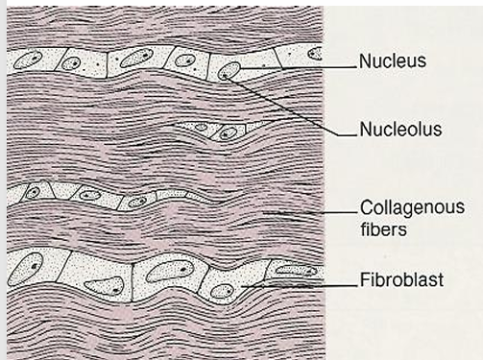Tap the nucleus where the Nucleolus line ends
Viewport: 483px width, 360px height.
coord(229,71)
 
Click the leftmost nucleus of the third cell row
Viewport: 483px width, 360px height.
coord(33,192)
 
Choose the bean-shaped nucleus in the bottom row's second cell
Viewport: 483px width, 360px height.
coord(104,285)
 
